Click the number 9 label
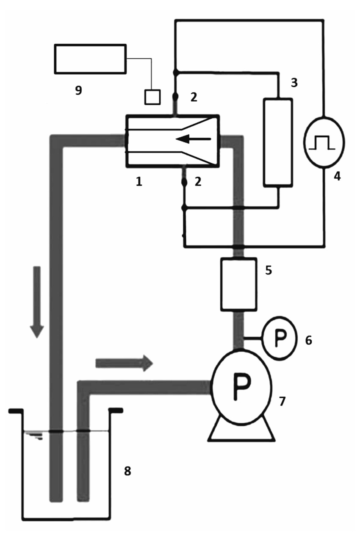click(x=78, y=90)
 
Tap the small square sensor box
click(x=152, y=97)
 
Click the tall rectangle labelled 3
click(x=277, y=142)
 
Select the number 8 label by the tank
click(x=127, y=470)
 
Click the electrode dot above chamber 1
click(x=175, y=97)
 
